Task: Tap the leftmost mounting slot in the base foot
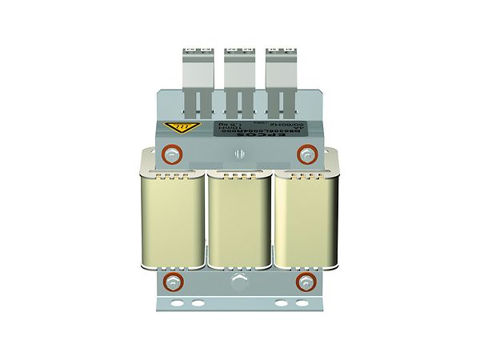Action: (177, 304)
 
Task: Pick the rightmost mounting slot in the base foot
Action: (302, 304)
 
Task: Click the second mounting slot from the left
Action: (197, 304)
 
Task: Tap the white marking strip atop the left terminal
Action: (194, 50)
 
